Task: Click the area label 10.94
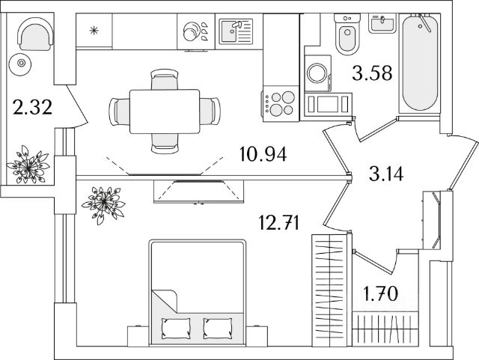263,156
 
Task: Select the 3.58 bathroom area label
373,73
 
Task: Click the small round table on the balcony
22,64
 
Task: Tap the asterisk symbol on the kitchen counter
94,31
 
